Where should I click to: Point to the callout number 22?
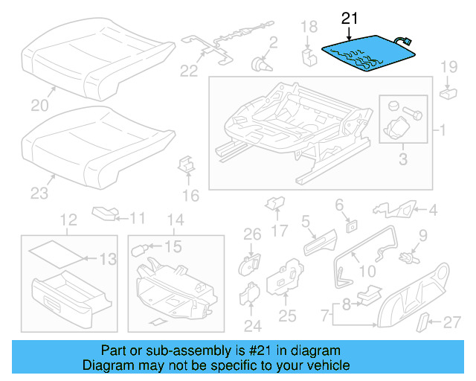click(x=189, y=71)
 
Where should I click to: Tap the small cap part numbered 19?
click(x=448, y=93)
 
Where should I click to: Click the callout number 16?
click(x=190, y=196)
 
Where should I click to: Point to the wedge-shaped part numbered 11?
click(x=104, y=214)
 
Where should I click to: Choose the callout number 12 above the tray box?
click(x=68, y=220)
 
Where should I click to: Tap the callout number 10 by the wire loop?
click(x=368, y=272)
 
